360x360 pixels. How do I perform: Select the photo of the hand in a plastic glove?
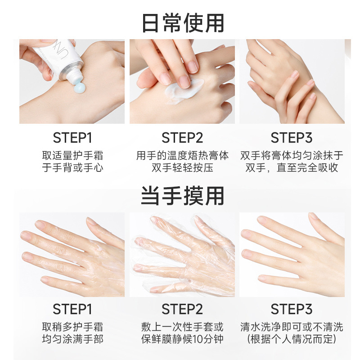tap(182, 255)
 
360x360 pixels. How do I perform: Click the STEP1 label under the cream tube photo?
tap(72, 138)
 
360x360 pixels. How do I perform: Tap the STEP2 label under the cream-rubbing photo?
tap(182, 138)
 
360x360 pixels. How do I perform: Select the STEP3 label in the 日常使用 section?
tap(292, 138)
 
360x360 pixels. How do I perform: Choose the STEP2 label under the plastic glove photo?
tap(182, 310)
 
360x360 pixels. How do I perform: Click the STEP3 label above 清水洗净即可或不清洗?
tap(292, 310)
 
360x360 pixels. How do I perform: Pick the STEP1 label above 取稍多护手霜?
tap(72, 310)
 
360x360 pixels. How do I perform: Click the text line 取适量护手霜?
tap(72, 156)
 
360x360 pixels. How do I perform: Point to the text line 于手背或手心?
tap(72, 168)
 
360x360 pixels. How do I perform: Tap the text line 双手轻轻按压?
tap(182, 168)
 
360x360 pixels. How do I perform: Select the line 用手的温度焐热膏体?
tap(182, 156)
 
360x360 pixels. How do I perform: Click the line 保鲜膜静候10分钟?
tap(182, 339)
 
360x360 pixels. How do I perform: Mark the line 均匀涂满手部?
tap(72, 339)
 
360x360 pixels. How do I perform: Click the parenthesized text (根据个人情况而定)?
tap(292, 339)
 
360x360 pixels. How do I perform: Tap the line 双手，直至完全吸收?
tap(292, 168)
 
